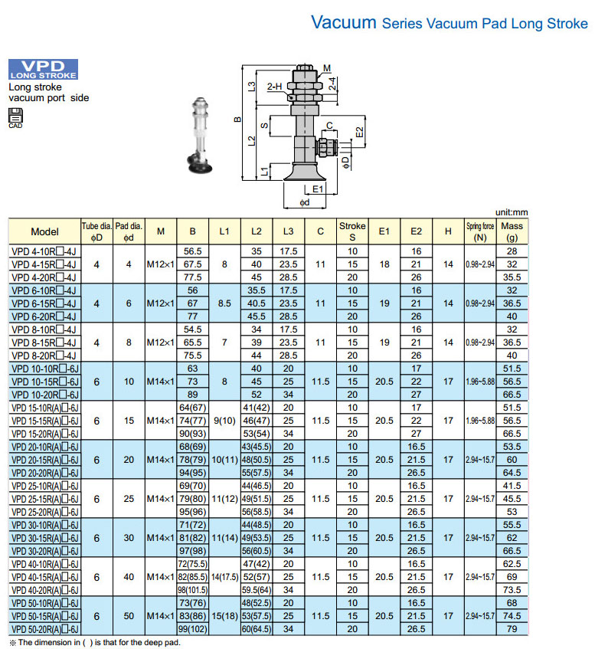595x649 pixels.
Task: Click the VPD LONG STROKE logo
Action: [x=43, y=69]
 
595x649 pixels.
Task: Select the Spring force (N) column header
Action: [x=480, y=231]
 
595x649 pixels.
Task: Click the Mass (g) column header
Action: [x=512, y=231]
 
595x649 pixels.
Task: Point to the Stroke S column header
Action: [x=352, y=231]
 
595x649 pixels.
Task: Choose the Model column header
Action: [x=44, y=231]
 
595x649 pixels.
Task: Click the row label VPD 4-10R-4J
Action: [x=44, y=251]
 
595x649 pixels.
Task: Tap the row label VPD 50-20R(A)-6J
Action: [x=44, y=629]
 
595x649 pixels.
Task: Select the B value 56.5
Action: [x=192, y=251]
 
